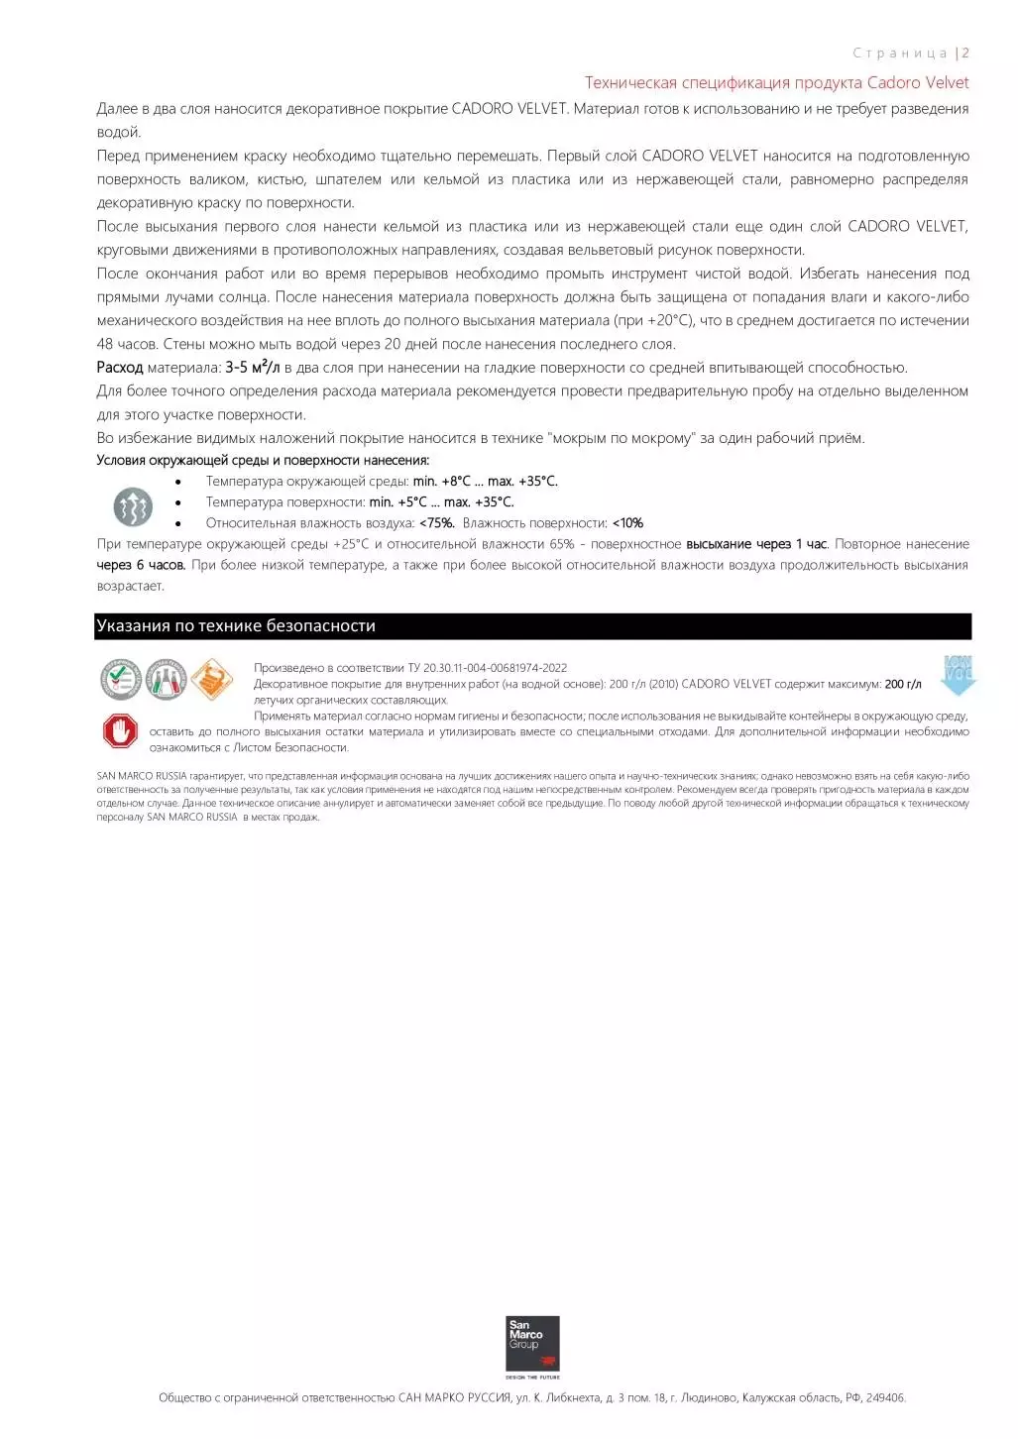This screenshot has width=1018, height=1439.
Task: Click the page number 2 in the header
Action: pyautogui.click(x=965, y=54)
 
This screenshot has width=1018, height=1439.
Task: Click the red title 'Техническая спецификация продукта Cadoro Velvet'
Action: pyautogui.click(x=776, y=82)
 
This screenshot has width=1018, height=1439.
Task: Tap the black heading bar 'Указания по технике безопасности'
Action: pyautogui.click(x=532, y=626)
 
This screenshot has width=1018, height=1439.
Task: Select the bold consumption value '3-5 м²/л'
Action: pyautogui.click(x=252, y=368)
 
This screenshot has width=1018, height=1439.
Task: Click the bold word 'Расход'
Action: pyautogui.click(x=120, y=368)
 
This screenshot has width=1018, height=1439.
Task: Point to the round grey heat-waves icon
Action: pyautogui.click(x=133, y=506)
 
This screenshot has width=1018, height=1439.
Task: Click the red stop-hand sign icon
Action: pyautogui.click(x=120, y=731)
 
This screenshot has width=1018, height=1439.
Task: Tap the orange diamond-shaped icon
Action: pyautogui.click(x=211, y=680)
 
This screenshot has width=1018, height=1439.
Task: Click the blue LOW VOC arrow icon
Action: pyautogui.click(x=958, y=675)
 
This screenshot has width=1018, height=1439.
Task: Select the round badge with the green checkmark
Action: pyautogui.click(x=120, y=680)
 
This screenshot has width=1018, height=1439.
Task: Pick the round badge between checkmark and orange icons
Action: pyautogui.click(x=166, y=680)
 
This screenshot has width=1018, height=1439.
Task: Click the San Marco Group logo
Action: pyautogui.click(x=532, y=1345)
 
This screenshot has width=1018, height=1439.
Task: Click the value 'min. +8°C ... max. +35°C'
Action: pyautogui.click(x=485, y=482)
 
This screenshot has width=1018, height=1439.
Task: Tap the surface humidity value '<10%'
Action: pyautogui.click(x=627, y=523)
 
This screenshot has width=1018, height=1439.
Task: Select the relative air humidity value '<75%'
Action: pyautogui.click(x=436, y=523)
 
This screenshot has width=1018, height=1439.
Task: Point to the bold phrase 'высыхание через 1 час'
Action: pyautogui.click(x=756, y=544)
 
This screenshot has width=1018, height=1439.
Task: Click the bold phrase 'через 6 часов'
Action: pyautogui.click(x=141, y=565)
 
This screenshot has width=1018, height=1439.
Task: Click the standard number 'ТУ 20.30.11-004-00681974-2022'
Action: pyautogui.click(x=488, y=668)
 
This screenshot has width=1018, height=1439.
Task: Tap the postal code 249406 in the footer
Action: pyautogui.click(x=884, y=1398)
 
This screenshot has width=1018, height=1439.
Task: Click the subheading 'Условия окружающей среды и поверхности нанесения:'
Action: pyautogui.click(x=263, y=460)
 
